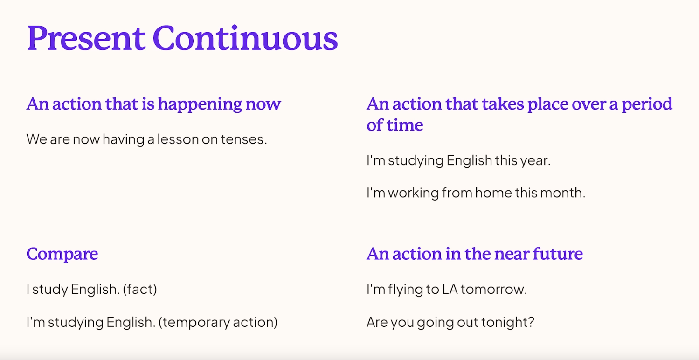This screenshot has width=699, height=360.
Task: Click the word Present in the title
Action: (86, 38)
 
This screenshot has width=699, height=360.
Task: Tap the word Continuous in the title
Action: (245, 38)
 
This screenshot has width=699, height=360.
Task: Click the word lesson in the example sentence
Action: (178, 139)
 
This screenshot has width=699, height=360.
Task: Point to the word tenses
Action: (244, 139)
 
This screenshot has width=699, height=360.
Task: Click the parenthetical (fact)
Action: (140, 289)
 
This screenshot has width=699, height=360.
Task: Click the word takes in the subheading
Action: (503, 104)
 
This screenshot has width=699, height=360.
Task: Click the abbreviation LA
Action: (450, 289)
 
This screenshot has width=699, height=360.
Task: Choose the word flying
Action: (405, 290)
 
